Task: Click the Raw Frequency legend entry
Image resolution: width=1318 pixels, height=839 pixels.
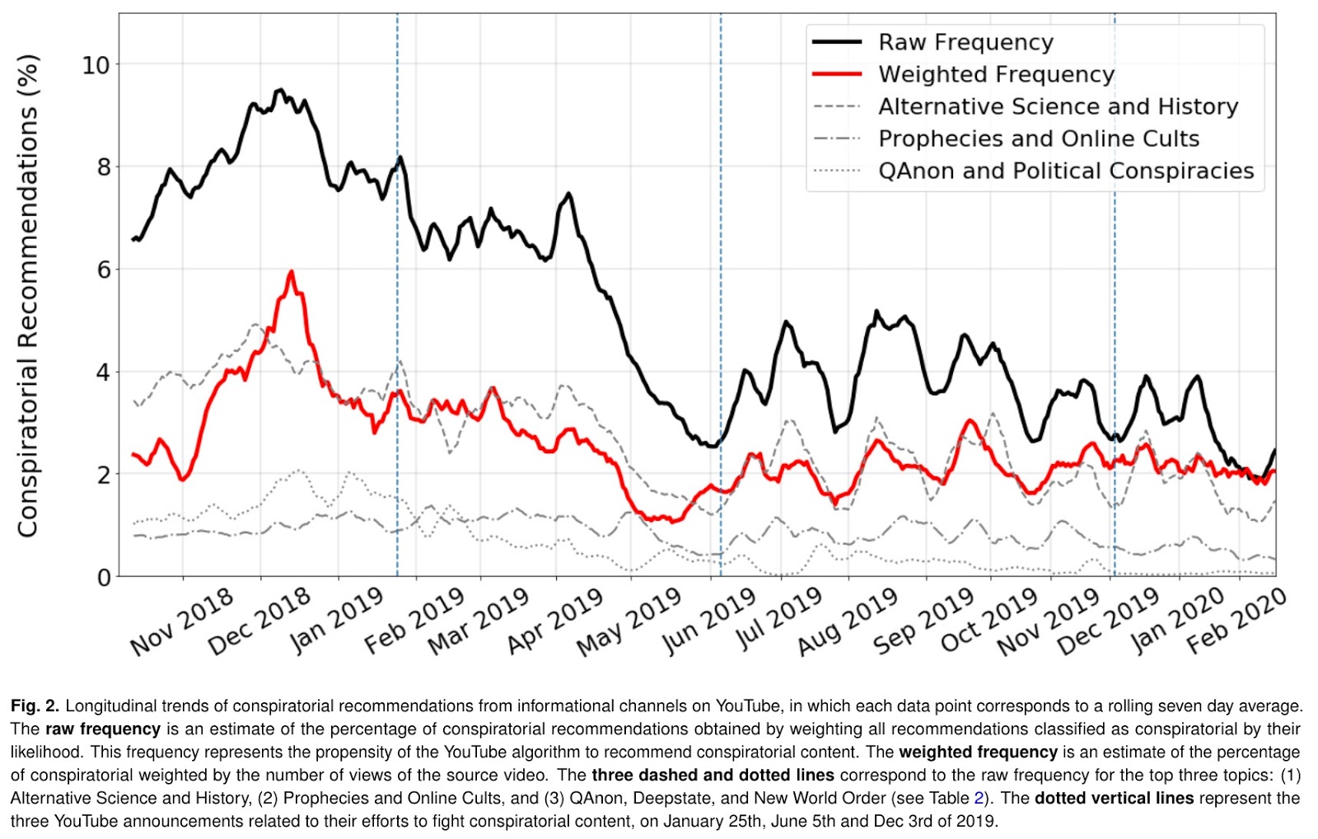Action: coord(965,42)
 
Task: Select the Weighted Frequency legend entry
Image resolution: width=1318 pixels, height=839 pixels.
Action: coord(995,74)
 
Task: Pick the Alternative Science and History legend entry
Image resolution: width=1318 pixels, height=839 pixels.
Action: coord(1058,106)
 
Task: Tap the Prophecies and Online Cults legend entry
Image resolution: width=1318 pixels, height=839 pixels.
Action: coord(1038,138)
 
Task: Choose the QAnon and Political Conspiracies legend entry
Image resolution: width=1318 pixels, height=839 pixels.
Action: coord(1065,171)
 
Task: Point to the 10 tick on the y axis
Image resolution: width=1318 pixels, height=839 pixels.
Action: coord(96,64)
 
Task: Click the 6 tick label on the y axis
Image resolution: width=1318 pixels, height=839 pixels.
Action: coord(103,270)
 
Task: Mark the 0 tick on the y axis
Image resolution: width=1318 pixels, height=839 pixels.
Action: coord(104,577)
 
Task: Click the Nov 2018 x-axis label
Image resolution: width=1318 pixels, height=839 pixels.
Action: coord(182,623)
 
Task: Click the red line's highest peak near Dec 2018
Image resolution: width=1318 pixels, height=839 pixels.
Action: coord(291,272)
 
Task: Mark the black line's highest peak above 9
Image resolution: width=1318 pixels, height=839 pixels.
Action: coord(280,90)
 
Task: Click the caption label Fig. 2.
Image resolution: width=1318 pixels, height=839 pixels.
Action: coord(35,706)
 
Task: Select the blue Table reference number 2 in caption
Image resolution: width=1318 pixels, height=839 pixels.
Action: coord(979,798)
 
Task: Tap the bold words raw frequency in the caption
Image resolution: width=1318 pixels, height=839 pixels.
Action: coord(103,729)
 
